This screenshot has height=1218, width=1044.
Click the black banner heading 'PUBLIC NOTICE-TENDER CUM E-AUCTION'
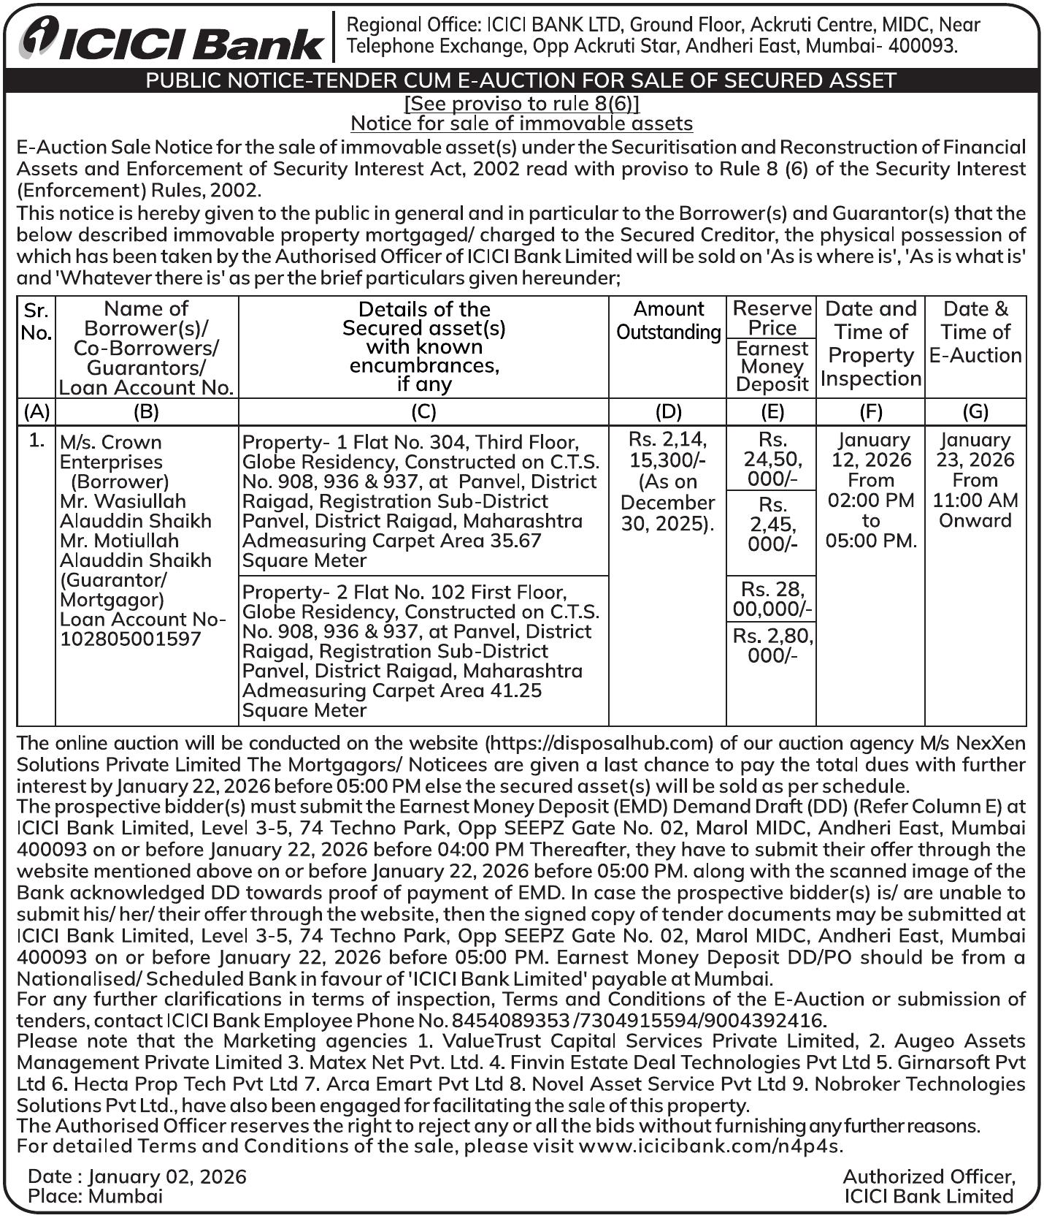521,80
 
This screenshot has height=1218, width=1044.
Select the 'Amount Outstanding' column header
668,321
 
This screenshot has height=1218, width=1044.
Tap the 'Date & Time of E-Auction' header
975,332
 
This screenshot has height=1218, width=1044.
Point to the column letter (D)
668,411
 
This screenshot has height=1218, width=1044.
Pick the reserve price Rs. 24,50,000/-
772,460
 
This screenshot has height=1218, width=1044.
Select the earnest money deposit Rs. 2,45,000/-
772,525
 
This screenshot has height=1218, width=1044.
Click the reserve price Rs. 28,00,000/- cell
772,599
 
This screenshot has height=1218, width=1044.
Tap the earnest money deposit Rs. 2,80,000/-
772,645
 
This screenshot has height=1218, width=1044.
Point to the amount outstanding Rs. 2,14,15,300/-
667,482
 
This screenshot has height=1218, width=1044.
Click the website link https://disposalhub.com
599,743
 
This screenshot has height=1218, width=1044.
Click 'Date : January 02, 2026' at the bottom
137,1176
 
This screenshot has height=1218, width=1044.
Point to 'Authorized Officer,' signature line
929,1176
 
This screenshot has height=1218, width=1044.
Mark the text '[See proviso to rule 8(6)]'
521,103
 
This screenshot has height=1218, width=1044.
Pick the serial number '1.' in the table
37,441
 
